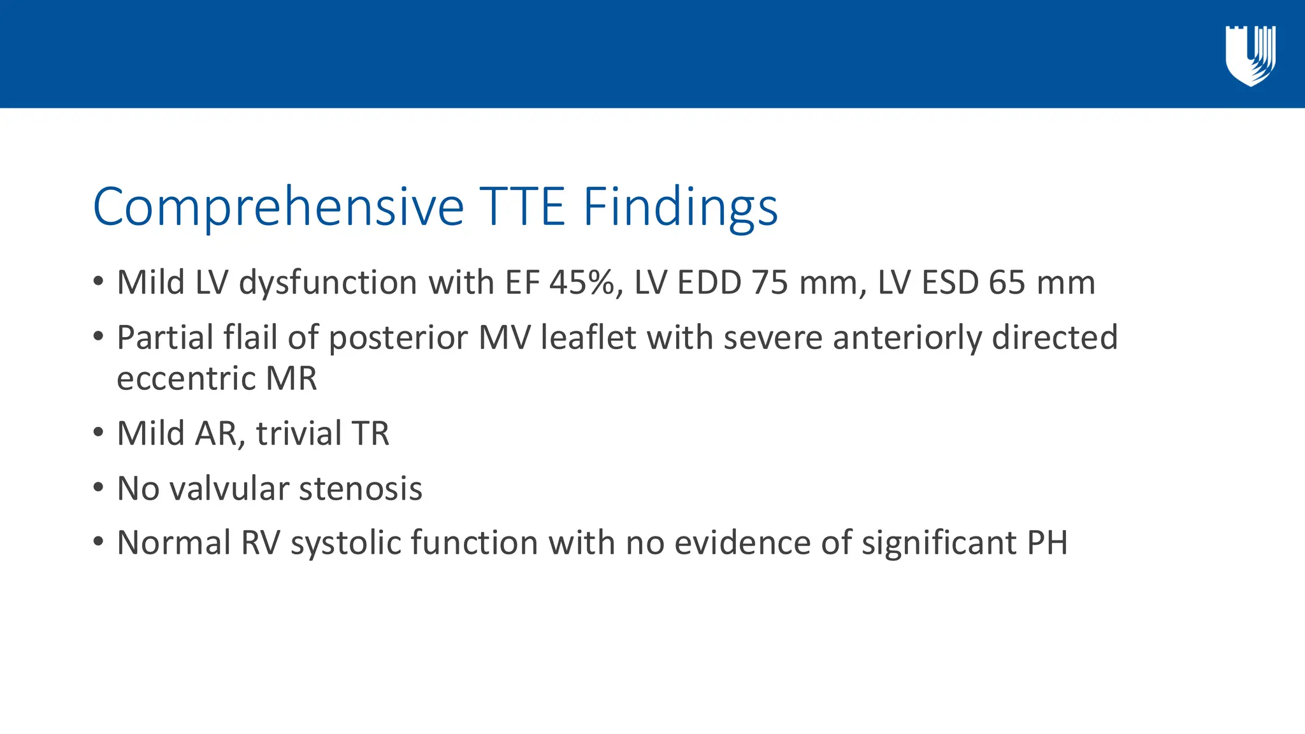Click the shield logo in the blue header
[x=1250, y=56]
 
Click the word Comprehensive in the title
[x=278, y=207]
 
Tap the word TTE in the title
[x=522, y=207]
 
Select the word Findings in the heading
[x=680, y=207]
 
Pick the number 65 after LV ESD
[x=1007, y=282]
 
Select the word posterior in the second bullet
[x=398, y=338]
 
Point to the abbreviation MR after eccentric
[x=291, y=379]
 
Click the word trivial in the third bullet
[x=299, y=434]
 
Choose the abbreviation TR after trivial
[x=370, y=434]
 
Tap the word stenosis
[x=361, y=489]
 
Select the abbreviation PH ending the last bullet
[x=1047, y=543]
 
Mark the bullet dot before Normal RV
[x=97, y=542]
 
